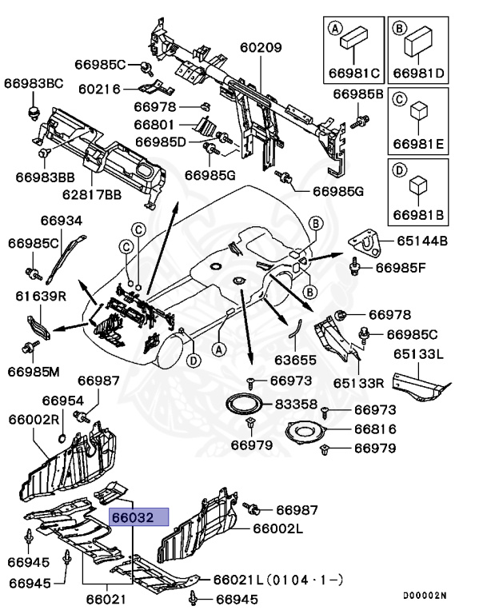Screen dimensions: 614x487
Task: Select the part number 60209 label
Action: [x=261, y=48]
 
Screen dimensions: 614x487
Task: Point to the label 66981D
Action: [x=418, y=73]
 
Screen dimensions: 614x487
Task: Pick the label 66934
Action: [x=61, y=219]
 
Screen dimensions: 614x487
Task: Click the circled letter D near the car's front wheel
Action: [x=192, y=361]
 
